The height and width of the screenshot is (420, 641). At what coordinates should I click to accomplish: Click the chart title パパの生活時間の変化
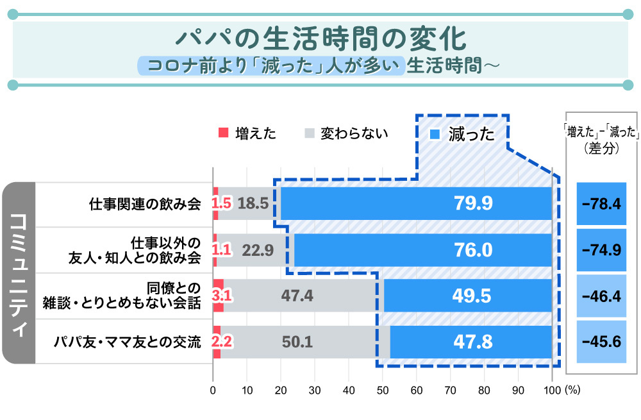click(320, 39)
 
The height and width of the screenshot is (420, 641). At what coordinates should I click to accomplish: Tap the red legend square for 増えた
click(224, 133)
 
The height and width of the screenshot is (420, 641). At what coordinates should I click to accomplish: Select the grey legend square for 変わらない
click(310, 133)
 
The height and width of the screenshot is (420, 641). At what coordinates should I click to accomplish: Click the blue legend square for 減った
click(435, 134)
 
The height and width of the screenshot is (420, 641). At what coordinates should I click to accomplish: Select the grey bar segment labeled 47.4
click(297, 296)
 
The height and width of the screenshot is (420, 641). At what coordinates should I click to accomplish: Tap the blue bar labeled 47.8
click(472, 342)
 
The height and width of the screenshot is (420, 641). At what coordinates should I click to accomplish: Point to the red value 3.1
click(221, 296)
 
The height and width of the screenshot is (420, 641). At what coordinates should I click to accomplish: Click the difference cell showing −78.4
click(601, 204)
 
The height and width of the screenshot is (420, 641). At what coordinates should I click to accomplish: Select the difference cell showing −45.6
click(601, 342)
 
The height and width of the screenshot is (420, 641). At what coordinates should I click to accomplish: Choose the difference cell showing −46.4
click(601, 296)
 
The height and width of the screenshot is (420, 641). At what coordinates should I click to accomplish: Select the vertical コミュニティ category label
click(19, 273)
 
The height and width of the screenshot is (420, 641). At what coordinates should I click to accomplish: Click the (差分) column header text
click(601, 147)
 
